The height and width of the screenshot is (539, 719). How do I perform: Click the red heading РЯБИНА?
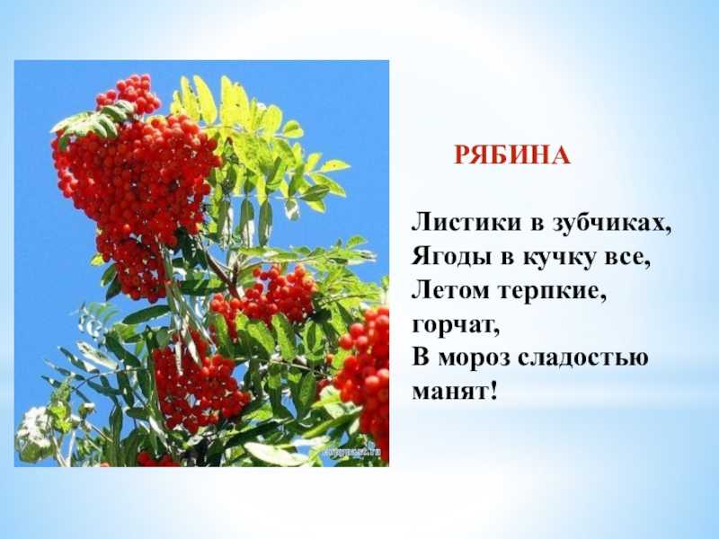pos(512,155)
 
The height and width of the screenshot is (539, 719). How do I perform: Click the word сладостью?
pos(583,358)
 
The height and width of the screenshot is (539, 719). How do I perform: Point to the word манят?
pos(448,393)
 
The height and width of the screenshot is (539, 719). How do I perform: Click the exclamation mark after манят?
pos(493,390)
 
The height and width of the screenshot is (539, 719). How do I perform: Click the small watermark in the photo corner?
pos(352,452)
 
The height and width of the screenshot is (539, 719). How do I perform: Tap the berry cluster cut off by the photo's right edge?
pos(365,371)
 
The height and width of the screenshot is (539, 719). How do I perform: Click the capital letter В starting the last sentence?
pos(420,358)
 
